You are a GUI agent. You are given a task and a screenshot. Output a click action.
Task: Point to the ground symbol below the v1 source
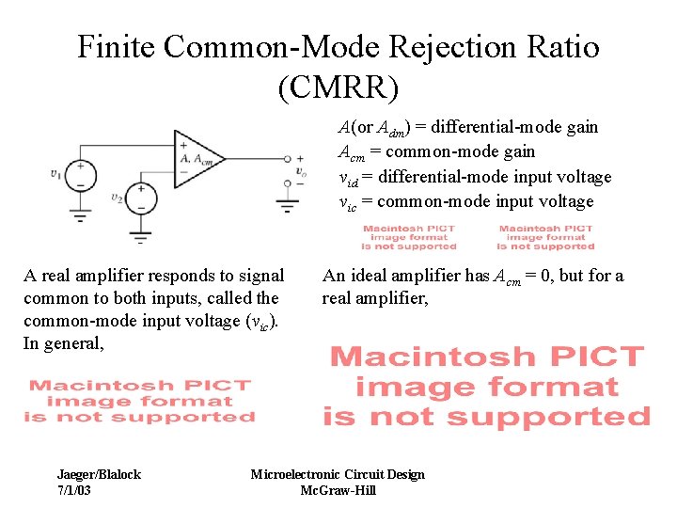(80, 215)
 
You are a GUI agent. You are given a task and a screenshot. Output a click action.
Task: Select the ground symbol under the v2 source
(141, 235)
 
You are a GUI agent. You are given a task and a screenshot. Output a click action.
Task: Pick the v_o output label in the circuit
(300, 171)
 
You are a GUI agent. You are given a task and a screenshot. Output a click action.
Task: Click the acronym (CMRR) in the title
(338, 87)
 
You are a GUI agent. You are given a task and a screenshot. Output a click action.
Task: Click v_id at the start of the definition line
(348, 178)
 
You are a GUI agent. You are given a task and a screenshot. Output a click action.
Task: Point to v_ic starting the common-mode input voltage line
(348, 202)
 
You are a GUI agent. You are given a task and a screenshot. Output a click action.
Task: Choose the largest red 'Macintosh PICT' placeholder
(486, 386)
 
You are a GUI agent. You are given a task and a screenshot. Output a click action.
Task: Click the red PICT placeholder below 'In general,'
(139, 401)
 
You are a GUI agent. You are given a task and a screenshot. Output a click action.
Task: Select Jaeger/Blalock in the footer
(99, 474)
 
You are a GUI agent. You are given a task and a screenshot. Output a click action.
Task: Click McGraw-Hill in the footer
(338, 490)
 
